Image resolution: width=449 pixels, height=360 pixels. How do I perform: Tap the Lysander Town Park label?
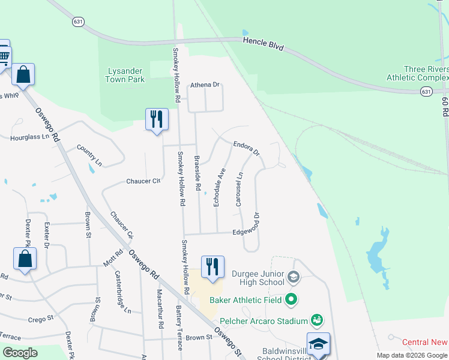tap(126, 75)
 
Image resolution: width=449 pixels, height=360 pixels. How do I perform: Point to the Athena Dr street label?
tap(205, 85)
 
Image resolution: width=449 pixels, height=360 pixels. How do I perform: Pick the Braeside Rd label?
tap(197, 173)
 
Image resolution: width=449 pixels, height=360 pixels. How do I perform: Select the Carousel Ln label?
tap(239, 190)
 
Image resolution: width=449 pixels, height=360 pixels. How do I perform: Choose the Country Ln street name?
tap(90, 155)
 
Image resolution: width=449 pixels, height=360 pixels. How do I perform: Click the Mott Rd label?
tap(112, 262)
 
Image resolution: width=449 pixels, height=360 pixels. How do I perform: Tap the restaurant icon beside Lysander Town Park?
tap(157, 119)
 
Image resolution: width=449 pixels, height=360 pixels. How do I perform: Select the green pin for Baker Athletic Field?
tap(291, 298)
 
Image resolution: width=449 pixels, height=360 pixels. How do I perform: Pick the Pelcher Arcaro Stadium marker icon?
tap(316, 321)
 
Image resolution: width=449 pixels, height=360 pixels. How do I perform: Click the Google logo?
tap(20, 353)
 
